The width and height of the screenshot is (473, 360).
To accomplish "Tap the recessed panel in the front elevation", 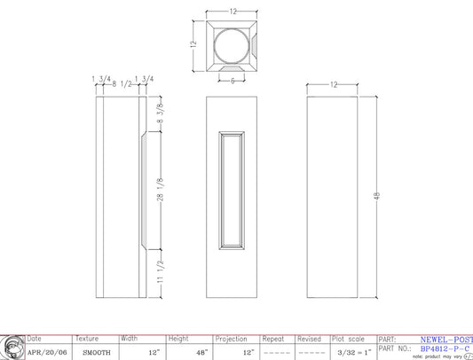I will [233, 189].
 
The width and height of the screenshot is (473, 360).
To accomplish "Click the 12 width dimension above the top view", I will [233, 12].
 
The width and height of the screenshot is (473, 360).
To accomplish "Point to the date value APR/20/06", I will [46, 352].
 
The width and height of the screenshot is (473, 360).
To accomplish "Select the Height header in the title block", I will [179, 339].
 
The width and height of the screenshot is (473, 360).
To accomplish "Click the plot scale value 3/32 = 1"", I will [353, 352].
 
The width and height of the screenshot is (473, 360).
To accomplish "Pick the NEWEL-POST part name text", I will [445, 339].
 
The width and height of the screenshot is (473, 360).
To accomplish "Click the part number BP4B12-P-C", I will [445, 348].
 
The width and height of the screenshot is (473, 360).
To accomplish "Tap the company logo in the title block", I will [12, 347].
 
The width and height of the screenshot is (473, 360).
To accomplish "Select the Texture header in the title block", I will [88, 339].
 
